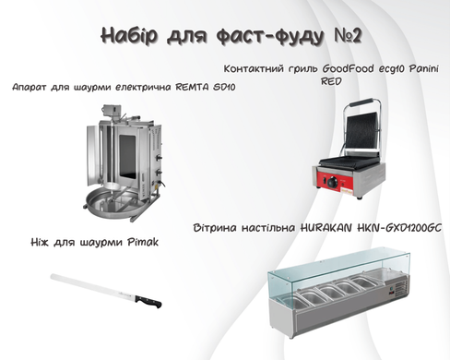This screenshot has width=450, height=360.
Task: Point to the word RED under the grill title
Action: pos(331,81)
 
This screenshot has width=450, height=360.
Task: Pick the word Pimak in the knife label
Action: pos(143,242)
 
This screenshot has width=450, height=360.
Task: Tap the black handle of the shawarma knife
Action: pos(148,301)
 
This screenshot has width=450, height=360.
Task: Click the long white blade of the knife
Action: pos(93,286)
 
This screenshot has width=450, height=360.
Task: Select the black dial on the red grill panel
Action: pos(332,183)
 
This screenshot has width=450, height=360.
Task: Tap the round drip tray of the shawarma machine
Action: pos(114,201)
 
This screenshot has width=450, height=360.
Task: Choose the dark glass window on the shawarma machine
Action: pos(127,157)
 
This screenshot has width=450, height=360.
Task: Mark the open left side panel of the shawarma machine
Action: pos(92,155)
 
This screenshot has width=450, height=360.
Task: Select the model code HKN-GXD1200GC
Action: pos(399,228)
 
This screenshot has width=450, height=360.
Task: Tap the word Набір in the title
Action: pos(129,36)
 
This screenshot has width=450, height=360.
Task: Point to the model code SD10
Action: pos(224,87)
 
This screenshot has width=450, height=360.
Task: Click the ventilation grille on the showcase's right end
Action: pos(401,288)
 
